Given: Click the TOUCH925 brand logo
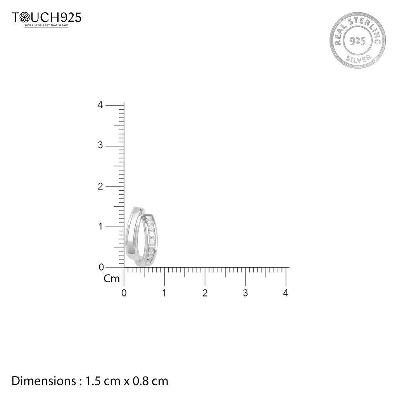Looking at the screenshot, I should point(47,17).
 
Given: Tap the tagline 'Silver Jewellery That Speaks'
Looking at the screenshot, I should point(47,26).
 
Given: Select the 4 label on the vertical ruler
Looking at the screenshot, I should point(100,105).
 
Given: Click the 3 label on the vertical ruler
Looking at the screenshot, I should point(100,145).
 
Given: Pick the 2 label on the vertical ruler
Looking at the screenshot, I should point(100,186).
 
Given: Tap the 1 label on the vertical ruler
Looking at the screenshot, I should point(100,226).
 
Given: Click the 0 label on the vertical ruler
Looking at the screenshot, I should point(100,267).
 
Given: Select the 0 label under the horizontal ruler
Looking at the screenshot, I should point(124,293).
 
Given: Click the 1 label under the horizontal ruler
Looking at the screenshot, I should point(164,293).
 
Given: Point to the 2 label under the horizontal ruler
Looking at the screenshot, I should point(205,293).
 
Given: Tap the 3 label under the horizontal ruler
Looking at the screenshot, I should point(245,293).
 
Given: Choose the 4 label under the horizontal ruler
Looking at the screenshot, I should point(286,293).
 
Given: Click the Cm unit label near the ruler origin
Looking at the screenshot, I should point(112,279).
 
